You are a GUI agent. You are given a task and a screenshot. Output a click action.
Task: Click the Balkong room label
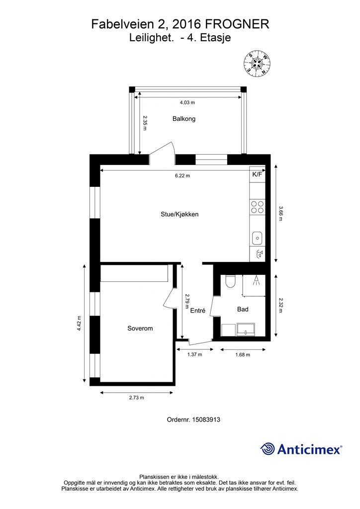pos(184,119)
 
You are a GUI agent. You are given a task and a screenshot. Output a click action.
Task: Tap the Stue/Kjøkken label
pos(180,214)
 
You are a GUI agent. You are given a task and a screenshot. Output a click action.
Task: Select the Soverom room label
pos(140,328)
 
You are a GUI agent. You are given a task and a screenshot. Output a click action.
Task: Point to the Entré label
pos(198,310)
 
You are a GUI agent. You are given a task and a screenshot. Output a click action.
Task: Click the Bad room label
pos(243,309)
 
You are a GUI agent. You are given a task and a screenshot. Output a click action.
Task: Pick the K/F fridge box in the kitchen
pos(257,174)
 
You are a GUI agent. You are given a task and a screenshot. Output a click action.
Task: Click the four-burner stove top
pos(258,207)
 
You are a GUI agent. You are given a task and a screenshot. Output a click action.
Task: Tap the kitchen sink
pos(257,238)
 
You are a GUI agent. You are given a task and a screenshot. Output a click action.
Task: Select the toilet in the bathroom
pos(230,281)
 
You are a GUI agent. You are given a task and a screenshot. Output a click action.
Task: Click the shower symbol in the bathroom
pos(257,280)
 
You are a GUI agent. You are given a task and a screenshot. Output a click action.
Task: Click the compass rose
pos(257,64)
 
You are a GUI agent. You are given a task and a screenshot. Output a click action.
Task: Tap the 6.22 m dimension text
pos(182,175)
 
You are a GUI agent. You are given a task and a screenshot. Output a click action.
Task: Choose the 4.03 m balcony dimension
pos(187,102)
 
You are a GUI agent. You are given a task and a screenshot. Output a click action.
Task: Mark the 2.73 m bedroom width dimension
pos(136,398)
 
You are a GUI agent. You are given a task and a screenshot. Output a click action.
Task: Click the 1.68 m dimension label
pos(243,355)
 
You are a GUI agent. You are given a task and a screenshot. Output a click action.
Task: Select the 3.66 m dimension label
pos(281,214)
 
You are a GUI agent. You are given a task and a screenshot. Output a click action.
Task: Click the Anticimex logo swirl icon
pos(268,449)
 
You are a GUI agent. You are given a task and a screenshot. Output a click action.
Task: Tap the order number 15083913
pos(206,420)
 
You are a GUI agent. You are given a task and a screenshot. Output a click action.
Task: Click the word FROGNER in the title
pos(238,24)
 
